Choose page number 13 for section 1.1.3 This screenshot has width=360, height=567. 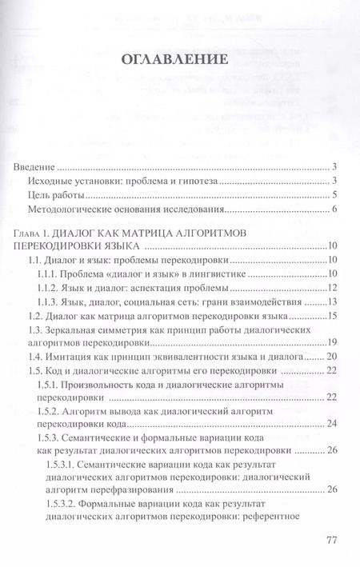pyautogui.click(x=335, y=302)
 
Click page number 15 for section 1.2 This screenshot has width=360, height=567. pyautogui.click(x=335, y=317)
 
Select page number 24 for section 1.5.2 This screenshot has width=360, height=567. pyautogui.click(x=335, y=425)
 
